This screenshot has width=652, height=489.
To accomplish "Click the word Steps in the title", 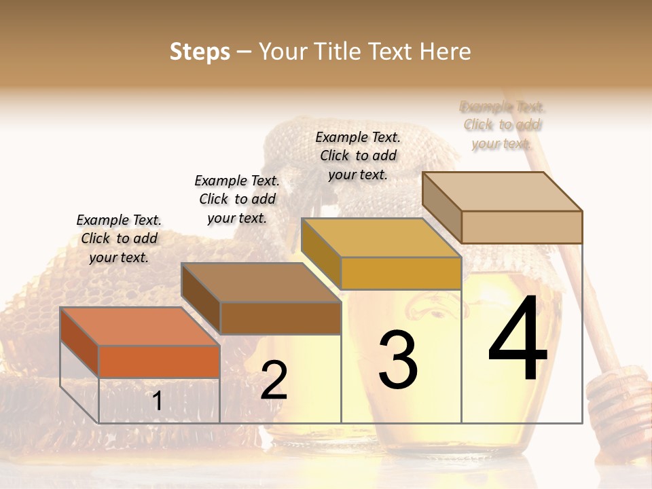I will [x=200, y=52].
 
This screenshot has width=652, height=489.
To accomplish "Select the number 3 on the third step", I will [x=398, y=359].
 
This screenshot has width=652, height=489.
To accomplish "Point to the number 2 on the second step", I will [x=274, y=380].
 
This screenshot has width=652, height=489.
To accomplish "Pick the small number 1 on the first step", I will [x=157, y=401].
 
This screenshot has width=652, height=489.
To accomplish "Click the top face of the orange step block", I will [x=139, y=326].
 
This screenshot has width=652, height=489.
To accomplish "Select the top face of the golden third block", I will [x=381, y=238].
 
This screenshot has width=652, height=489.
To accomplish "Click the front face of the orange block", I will [x=159, y=361].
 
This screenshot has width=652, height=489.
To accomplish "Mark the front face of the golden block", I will [x=401, y=273].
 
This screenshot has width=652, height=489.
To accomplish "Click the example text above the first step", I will [x=119, y=238].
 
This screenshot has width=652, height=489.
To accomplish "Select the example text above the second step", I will [x=237, y=199].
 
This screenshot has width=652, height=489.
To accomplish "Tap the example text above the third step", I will [x=358, y=156].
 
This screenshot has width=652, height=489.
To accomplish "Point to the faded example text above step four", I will [x=503, y=125].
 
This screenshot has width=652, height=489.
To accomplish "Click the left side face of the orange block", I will [x=79, y=342].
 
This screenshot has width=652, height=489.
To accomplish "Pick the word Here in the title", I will [x=446, y=52].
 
